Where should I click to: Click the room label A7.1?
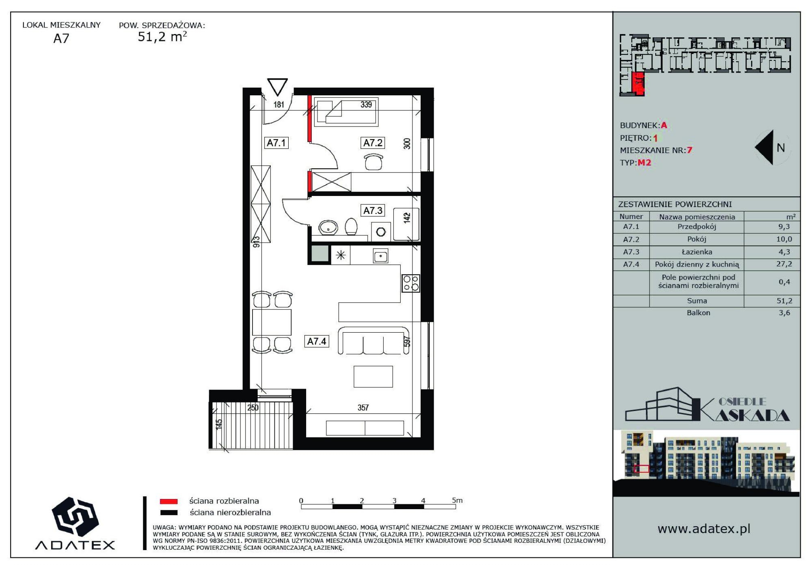point(276,143)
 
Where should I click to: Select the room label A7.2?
point(373,143)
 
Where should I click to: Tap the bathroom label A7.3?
point(373,211)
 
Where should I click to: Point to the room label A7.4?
point(317,341)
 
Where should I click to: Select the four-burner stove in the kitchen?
point(410,283)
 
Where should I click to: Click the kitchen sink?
point(380,256)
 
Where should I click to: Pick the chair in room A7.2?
point(374,162)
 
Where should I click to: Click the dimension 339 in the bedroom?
point(366,105)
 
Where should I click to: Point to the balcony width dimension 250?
point(253,408)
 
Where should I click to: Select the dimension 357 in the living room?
point(363,408)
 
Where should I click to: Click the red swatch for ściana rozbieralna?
point(169,501)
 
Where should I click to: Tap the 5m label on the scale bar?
point(457,500)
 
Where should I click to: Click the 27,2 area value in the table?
point(784,264)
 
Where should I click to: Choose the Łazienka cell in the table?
point(697,252)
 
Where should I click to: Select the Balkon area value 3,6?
point(784,313)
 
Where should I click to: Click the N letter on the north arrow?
point(781,148)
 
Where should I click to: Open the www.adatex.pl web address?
point(704,529)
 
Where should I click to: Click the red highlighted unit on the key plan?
point(638,84)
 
